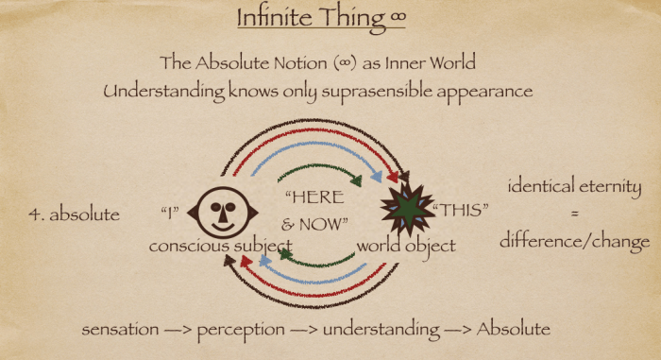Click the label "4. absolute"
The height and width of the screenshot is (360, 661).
(x=75, y=214)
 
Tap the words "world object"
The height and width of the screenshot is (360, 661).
(x=407, y=246)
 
